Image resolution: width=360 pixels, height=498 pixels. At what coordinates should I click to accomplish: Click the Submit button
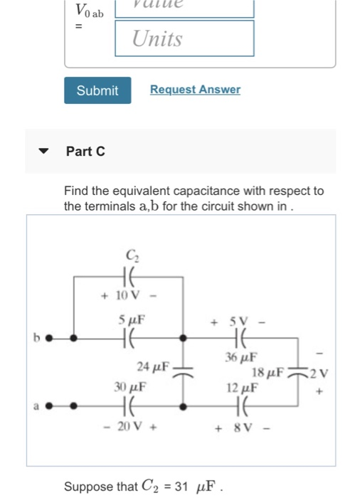coord(97,90)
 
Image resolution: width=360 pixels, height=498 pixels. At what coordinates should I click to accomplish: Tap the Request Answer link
coord(195,90)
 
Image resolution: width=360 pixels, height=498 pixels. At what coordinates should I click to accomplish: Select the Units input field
coord(185,38)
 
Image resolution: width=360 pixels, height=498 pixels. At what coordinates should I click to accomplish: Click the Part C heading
coord(85,151)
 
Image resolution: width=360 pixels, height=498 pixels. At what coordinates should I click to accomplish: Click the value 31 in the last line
coord(181,487)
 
